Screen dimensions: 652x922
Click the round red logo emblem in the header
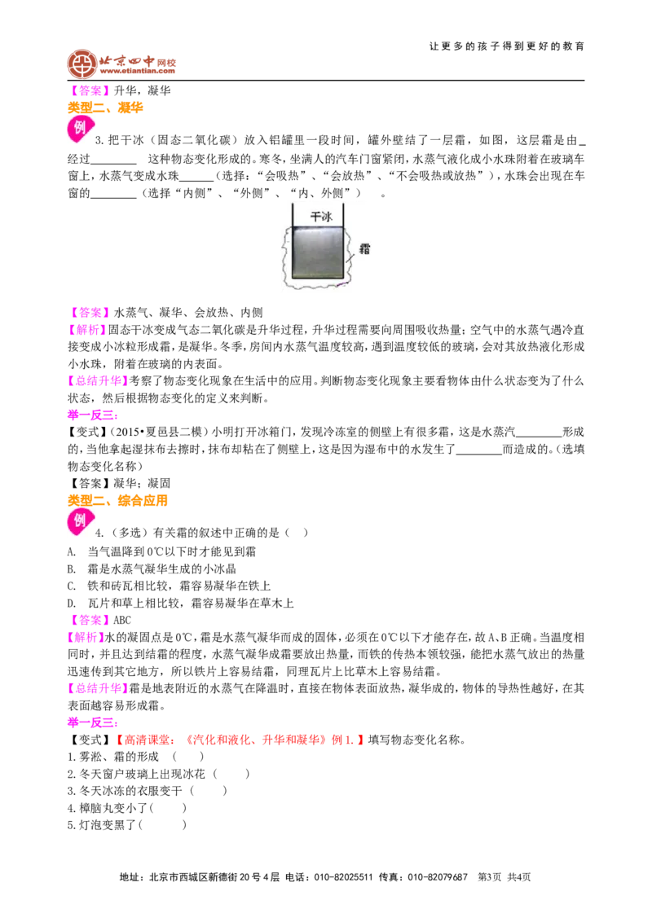[x=81, y=64]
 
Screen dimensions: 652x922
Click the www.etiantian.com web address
[x=138, y=72]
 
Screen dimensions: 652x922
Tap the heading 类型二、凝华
[x=105, y=108]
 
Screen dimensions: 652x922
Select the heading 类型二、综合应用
[x=117, y=500]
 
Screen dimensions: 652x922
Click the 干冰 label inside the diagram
[x=321, y=217]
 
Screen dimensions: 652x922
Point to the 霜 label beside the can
[x=365, y=248]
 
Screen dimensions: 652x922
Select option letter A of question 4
[x=71, y=551]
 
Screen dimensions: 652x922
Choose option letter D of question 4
[x=71, y=604]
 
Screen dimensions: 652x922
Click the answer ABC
[x=122, y=621]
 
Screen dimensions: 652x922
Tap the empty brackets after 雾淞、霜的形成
[x=188, y=757]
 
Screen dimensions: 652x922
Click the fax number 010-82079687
[x=438, y=877]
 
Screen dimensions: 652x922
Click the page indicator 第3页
[x=490, y=877]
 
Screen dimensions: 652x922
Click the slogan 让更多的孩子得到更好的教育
[x=507, y=46]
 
